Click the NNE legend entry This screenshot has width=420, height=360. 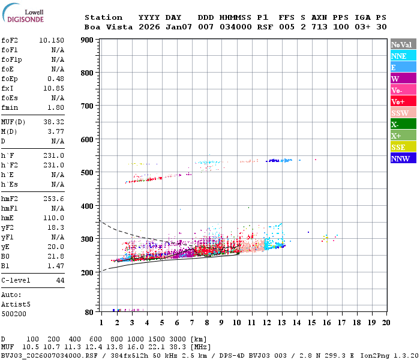click(403, 56)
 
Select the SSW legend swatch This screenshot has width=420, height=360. click(403, 113)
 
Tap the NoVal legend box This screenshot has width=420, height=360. click(403, 44)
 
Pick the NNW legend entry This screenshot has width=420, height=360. click(403, 158)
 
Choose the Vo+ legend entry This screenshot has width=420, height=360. click(403, 101)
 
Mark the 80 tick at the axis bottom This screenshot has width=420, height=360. click(89, 312)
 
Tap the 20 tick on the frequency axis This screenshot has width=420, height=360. click(386, 322)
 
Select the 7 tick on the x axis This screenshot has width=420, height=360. click(192, 322)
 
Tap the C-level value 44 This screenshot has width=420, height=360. click(60, 280)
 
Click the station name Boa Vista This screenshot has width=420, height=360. click(106, 27)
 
